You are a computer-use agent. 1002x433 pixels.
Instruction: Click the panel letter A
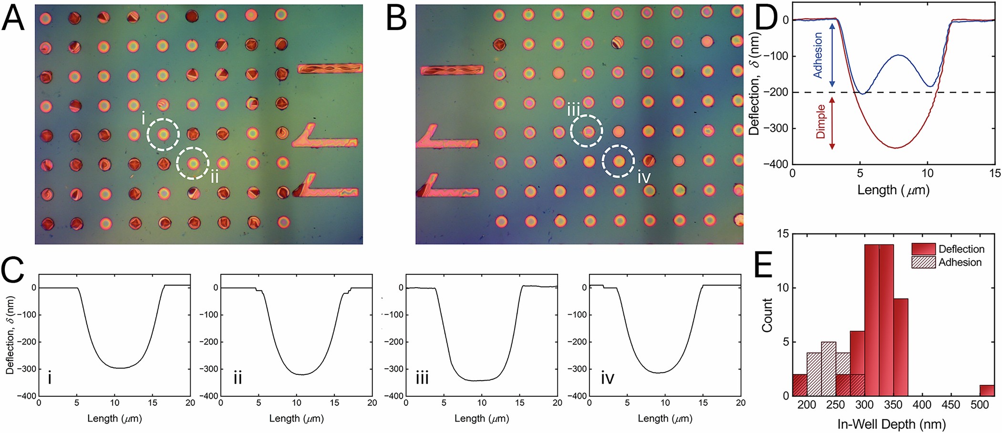coord(13,19)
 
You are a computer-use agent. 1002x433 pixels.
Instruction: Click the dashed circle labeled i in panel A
coord(163,135)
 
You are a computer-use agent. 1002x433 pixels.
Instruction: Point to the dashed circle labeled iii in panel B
coord(587,131)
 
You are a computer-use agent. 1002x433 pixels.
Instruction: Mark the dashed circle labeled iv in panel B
coord(618,161)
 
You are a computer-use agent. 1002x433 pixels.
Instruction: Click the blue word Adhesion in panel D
coord(817,55)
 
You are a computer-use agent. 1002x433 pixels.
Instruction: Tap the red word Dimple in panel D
coord(820,122)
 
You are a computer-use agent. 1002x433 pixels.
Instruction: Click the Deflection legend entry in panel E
coord(961,249)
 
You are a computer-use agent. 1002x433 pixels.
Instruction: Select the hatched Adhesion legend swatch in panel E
coord(923,262)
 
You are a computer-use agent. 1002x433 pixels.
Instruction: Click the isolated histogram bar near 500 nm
coord(987,391)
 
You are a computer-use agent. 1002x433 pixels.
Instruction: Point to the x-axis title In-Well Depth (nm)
coord(891,424)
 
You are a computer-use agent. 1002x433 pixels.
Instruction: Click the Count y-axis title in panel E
coord(767,315)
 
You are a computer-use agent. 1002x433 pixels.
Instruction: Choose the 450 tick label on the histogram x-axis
coord(950,405)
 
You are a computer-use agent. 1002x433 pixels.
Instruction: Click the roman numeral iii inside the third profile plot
coord(422,378)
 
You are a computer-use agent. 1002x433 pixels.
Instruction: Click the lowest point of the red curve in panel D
coord(896,148)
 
